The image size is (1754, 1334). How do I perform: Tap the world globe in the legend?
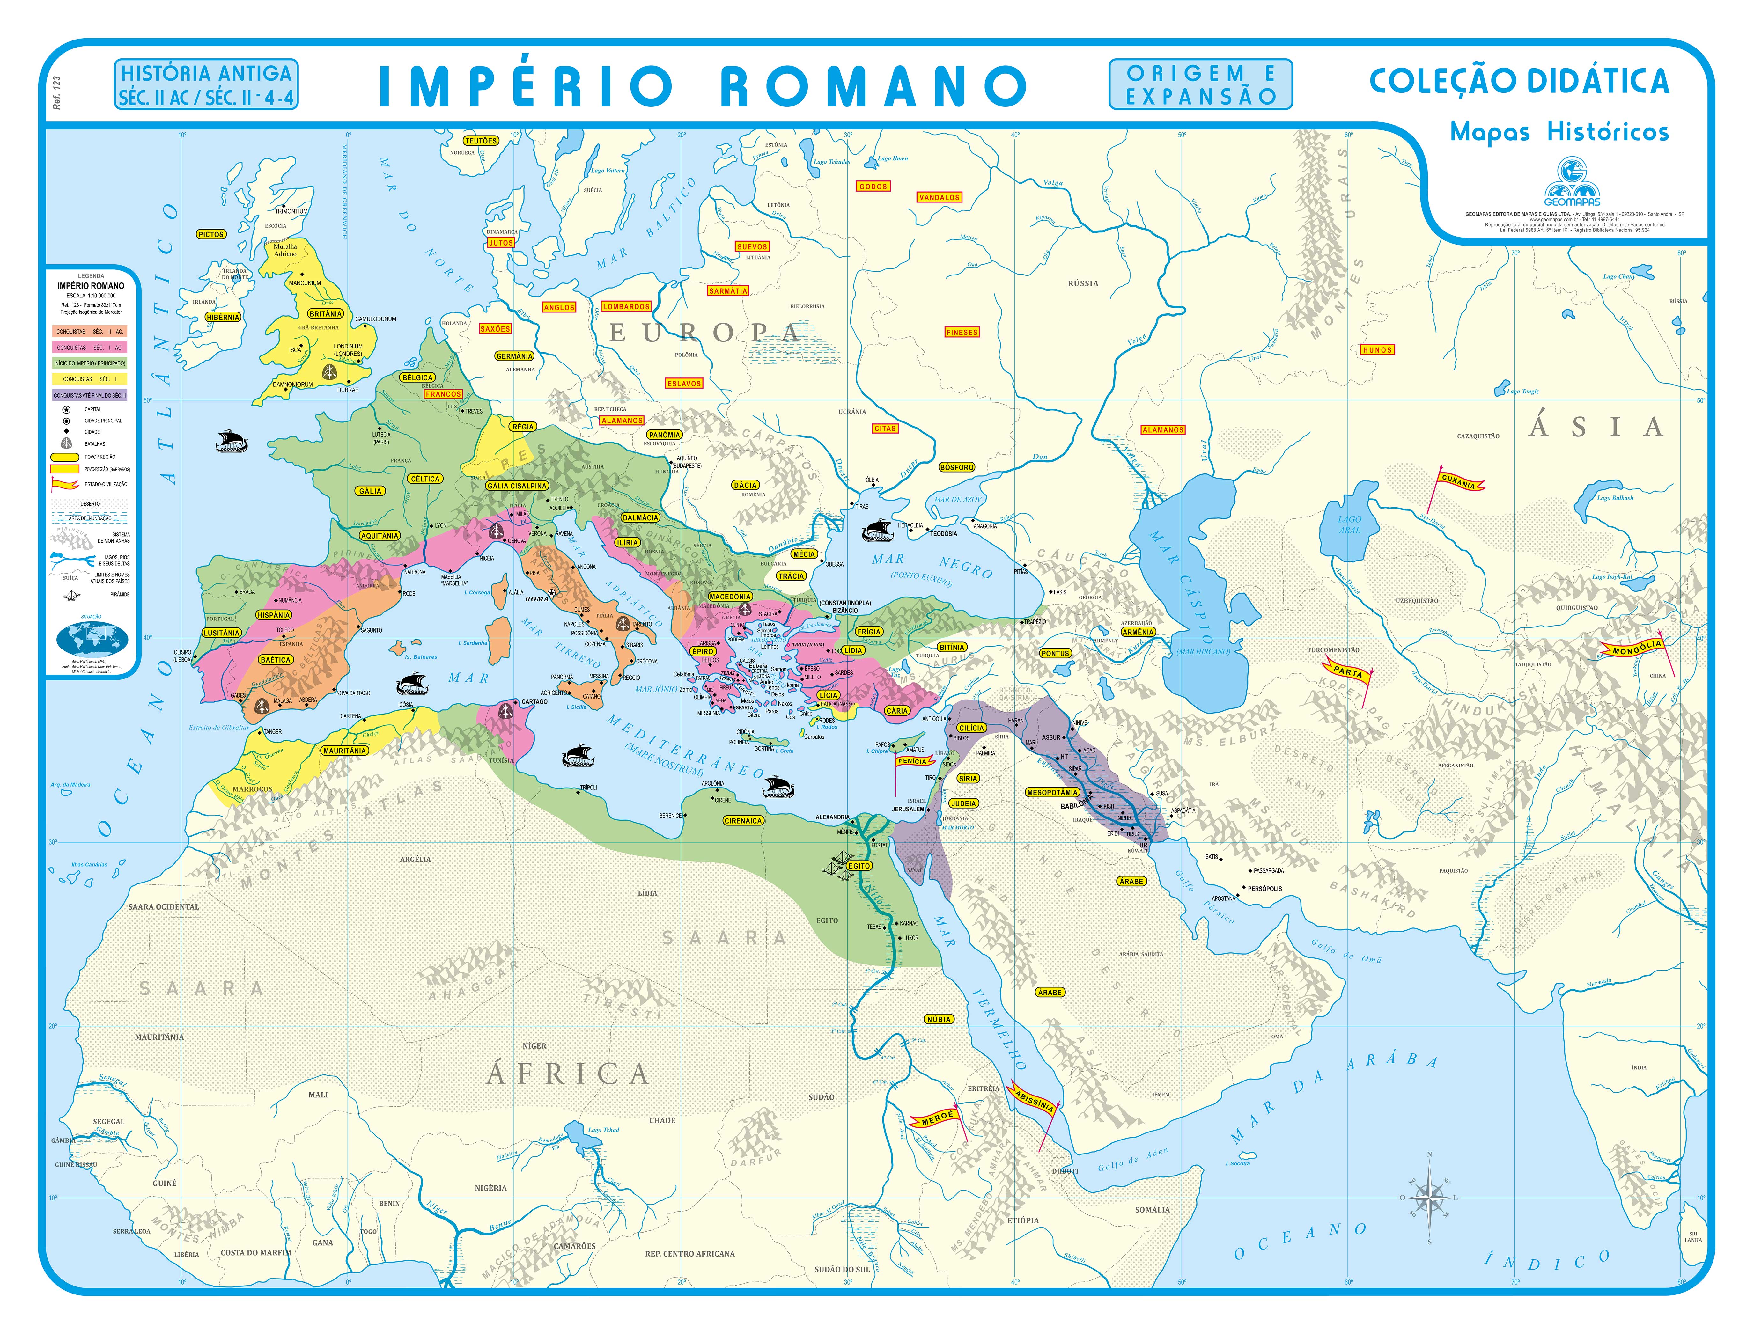[x=92, y=638]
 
